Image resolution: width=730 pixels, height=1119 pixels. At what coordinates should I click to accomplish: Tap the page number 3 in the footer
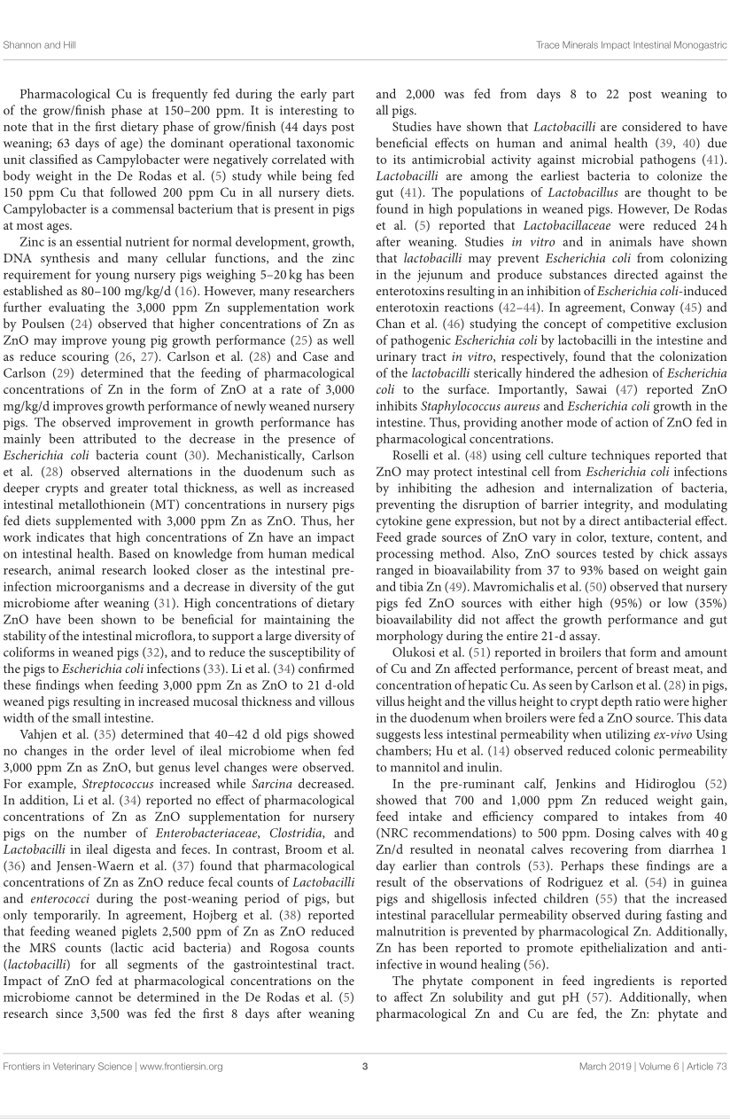[365, 1066]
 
